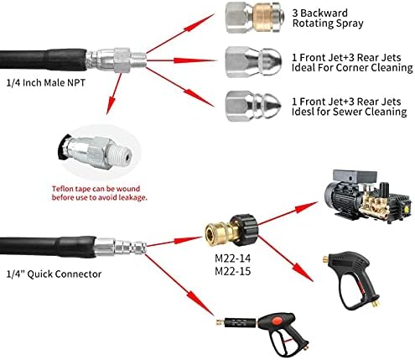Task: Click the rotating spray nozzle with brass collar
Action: click(255, 18)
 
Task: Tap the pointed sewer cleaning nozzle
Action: click(253, 106)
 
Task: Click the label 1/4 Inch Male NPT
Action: click(45, 83)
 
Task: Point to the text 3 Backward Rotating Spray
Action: click(328, 18)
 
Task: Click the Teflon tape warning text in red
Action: click(100, 193)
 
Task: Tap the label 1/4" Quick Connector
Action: click(54, 274)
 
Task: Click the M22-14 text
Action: click(232, 258)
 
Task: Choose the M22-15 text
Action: click(232, 271)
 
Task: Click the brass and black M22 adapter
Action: click(232, 229)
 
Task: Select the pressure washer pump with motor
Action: click(368, 194)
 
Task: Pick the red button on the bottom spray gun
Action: click(276, 320)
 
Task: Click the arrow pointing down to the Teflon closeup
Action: click(114, 93)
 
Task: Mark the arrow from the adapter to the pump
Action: click(288, 213)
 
